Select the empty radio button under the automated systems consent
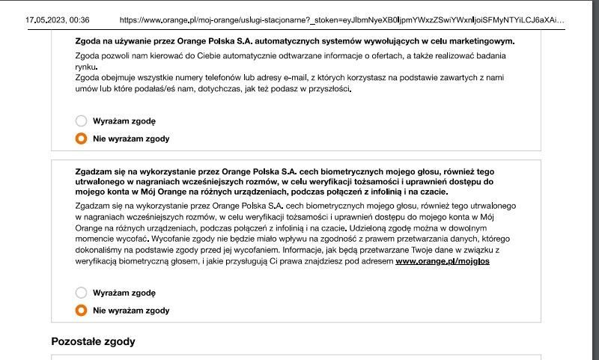(81, 120)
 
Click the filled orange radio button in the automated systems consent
(81, 138)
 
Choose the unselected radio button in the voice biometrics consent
(81, 293)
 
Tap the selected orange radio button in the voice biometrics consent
(81, 311)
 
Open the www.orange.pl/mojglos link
(443, 261)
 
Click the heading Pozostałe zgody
(93, 341)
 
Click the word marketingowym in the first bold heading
(481, 40)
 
